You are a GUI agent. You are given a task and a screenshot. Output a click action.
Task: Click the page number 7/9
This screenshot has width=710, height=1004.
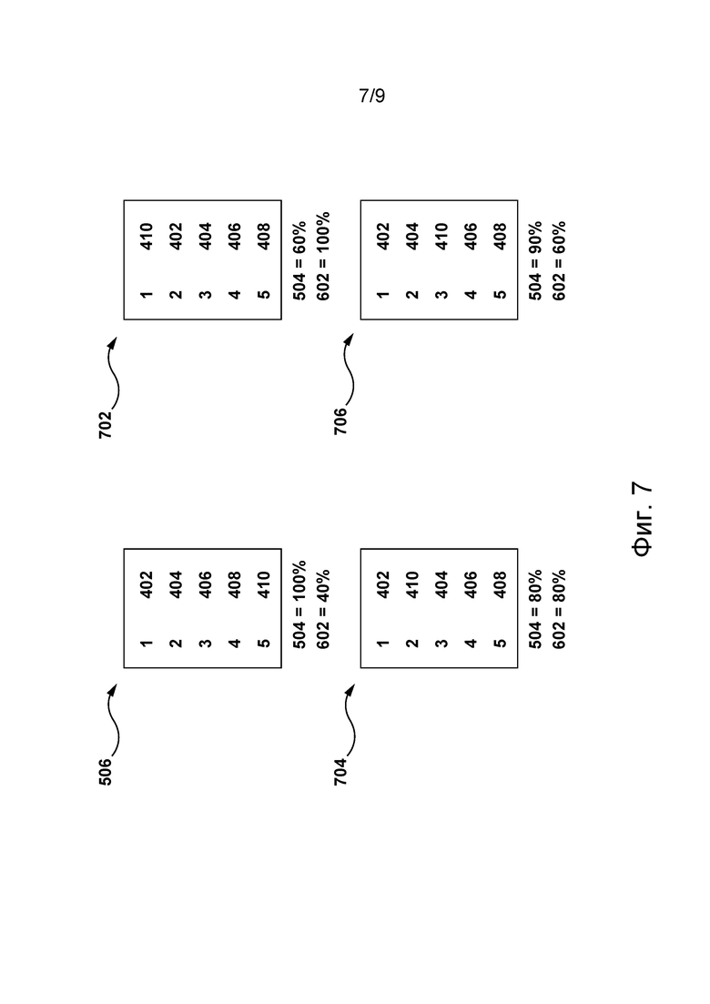coord(372,96)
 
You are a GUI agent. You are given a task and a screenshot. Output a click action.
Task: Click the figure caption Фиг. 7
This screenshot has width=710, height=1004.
coord(642,519)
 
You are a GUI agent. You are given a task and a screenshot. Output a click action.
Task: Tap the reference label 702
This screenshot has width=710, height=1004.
coord(106,424)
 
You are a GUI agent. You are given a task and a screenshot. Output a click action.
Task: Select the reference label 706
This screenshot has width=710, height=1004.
coord(340,421)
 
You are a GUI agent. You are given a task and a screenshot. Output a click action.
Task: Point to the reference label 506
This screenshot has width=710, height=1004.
coord(106,772)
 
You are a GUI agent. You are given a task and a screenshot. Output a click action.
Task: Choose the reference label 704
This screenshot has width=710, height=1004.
coord(340,772)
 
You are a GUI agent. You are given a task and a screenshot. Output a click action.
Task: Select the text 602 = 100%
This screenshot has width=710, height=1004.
coord(323,256)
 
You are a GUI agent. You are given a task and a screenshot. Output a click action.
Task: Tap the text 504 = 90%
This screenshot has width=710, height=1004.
coord(535,260)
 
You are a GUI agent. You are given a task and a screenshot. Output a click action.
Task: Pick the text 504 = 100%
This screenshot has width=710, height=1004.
coord(299,604)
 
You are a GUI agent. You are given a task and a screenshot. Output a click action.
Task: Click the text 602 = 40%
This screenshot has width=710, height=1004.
coord(323,609)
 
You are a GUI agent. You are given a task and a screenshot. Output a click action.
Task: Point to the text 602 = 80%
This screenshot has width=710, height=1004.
coord(559,609)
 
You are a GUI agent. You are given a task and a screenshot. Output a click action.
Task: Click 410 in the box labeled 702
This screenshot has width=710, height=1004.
coord(147,237)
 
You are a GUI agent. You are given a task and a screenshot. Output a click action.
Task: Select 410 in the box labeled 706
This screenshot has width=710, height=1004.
coord(441,237)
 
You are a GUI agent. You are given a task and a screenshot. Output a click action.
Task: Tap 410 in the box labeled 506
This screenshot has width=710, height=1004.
coord(264,584)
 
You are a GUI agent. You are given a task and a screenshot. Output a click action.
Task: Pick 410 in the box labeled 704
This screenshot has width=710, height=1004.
coord(412,584)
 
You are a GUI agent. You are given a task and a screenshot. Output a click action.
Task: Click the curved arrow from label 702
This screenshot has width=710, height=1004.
coord(113,371)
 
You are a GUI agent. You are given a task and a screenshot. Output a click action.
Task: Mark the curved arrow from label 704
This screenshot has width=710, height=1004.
coord(349,720)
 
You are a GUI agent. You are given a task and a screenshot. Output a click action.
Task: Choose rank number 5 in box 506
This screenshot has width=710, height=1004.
coord(264,643)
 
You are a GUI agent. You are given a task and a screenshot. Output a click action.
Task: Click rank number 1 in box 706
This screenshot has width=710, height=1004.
coord(383,295)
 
